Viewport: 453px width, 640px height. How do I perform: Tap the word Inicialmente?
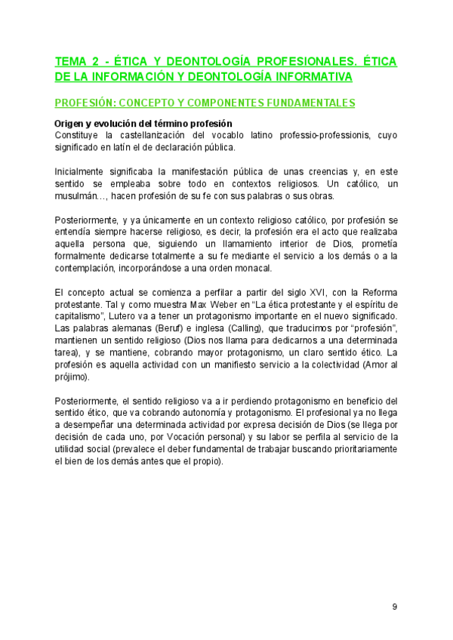[82, 171]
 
